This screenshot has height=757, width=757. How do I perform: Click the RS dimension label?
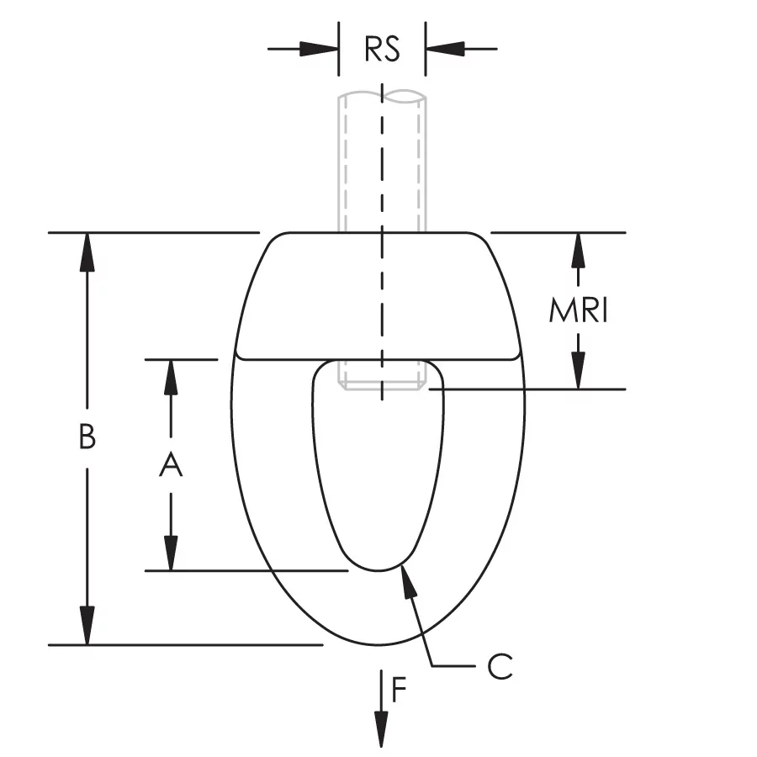382,49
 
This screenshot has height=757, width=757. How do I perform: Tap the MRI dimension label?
579,310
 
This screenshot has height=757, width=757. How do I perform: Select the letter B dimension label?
87,437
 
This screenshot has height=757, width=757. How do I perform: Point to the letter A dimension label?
171,464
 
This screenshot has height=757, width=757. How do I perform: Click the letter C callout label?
500,667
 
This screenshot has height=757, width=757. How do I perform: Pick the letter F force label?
399,690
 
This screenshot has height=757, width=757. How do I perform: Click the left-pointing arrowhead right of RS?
445,49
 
